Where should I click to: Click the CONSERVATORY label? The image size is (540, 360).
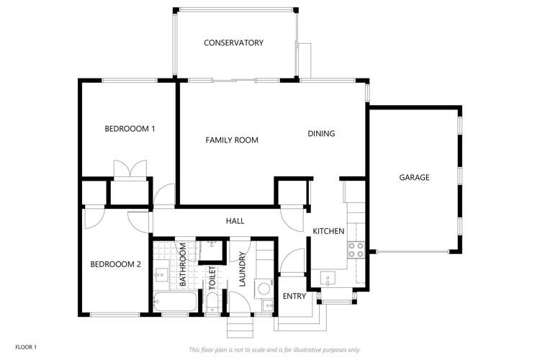click(x=233, y=43)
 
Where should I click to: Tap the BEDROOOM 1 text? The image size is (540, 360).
click(x=130, y=129)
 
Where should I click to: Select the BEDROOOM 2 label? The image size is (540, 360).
click(x=115, y=264)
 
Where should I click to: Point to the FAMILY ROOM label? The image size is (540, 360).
click(x=232, y=140)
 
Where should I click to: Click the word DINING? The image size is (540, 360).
click(x=321, y=133)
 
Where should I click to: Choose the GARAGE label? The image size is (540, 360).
click(x=414, y=177)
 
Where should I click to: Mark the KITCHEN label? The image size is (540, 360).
click(x=328, y=231)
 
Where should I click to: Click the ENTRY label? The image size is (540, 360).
click(x=294, y=296)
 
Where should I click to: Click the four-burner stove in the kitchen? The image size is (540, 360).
click(x=356, y=249)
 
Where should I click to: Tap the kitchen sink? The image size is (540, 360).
click(x=328, y=278)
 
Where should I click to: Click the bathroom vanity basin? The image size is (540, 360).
click(x=162, y=273)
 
